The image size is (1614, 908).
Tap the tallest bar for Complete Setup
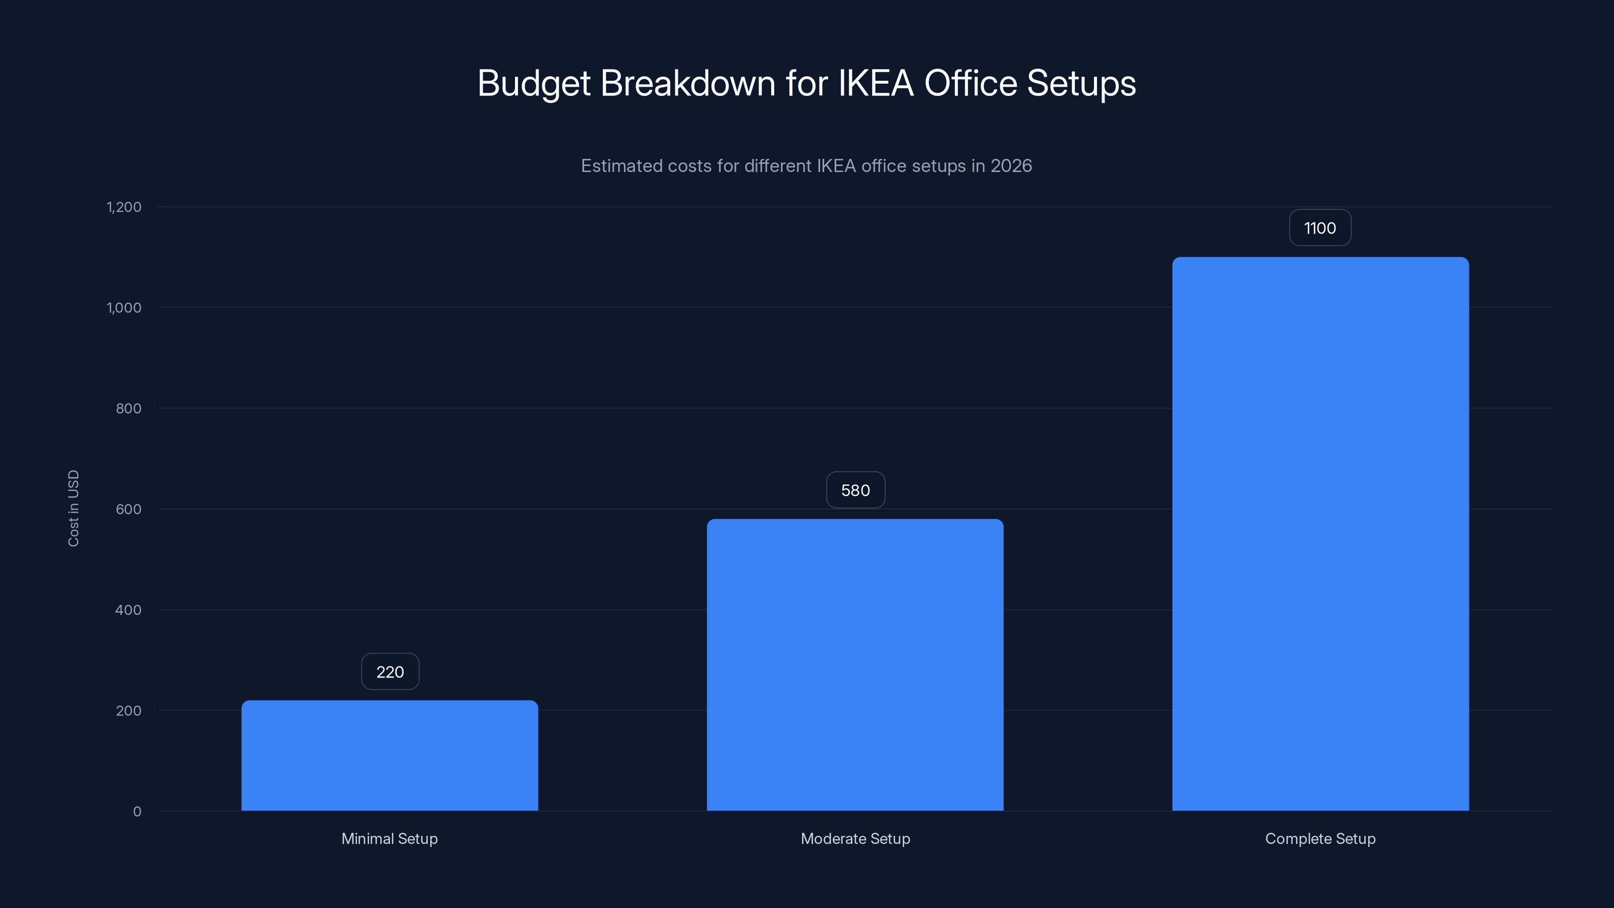tap(1320, 533)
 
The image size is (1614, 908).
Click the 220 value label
tap(390, 672)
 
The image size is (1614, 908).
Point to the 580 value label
tap(855, 490)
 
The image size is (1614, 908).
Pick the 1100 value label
tap(1319, 228)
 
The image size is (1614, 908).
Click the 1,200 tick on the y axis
tap(124, 207)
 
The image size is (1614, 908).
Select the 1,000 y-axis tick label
tap(124, 308)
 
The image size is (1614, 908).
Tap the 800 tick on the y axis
tap(129, 409)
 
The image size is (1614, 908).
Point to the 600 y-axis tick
tap(129, 509)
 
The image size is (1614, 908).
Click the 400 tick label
tap(129, 610)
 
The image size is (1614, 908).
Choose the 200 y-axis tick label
tap(129, 711)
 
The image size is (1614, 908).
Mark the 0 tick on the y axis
tap(137, 812)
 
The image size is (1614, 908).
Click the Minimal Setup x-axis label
tap(390, 838)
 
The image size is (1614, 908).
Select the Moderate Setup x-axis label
tap(855, 838)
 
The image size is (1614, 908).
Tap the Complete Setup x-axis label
tap(1320, 838)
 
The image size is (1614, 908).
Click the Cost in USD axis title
tap(73, 508)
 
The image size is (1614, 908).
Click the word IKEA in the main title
tap(875, 83)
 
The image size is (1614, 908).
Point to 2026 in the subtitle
tap(1011, 166)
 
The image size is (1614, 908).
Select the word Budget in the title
tap(534, 83)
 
